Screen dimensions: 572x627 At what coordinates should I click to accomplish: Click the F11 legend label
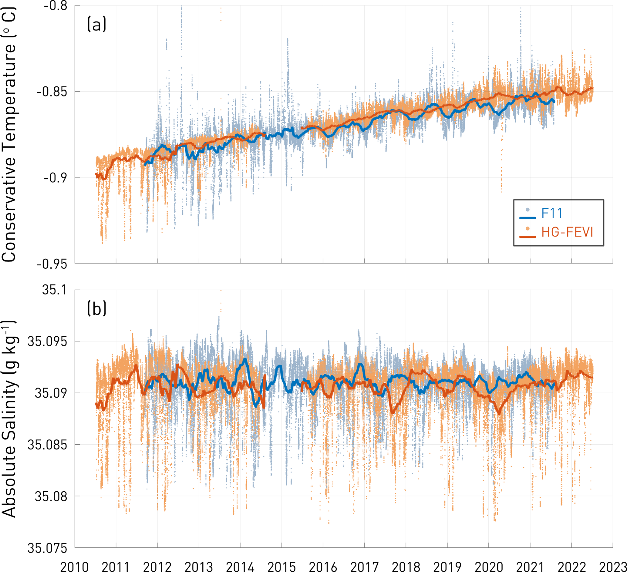[x=552, y=213]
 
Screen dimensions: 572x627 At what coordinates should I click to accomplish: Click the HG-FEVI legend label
[x=567, y=232]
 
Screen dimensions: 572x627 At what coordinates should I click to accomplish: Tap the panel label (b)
[x=97, y=309]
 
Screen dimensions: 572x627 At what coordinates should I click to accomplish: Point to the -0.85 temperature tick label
[x=52, y=92]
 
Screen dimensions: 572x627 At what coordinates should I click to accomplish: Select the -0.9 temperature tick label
[x=56, y=178]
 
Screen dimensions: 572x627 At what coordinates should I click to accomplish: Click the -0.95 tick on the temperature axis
[x=52, y=264]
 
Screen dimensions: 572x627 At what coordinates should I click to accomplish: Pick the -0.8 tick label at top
[x=56, y=5]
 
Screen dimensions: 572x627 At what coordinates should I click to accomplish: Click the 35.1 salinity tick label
[x=54, y=290]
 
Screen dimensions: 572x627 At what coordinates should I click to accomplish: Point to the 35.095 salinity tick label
[x=48, y=342]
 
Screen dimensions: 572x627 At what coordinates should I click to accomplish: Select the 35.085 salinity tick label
[x=48, y=445]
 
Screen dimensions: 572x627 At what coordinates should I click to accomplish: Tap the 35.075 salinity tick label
[x=48, y=548]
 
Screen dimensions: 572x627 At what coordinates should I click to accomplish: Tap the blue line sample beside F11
[x=528, y=218]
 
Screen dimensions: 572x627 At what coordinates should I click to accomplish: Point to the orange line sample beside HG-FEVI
[x=528, y=237]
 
